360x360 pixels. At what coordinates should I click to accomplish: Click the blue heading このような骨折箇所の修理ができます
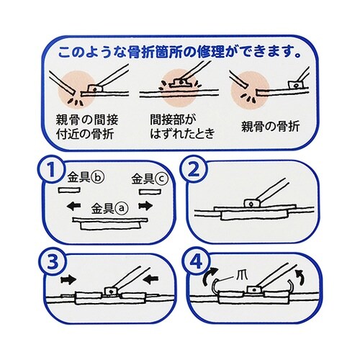(x=179, y=53)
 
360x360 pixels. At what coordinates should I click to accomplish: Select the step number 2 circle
(x=194, y=170)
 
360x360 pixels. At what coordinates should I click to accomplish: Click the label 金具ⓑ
(x=86, y=178)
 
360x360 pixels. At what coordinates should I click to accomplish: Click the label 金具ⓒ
(x=150, y=179)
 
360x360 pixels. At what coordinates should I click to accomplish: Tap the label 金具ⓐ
(x=110, y=209)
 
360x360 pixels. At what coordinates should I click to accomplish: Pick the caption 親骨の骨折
(x=271, y=127)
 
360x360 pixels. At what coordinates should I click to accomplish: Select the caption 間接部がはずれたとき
(x=182, y=127)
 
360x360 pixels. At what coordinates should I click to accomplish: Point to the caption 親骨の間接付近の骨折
(x=87, y=127)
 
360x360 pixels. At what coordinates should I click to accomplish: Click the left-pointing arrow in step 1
(x=73, y=206)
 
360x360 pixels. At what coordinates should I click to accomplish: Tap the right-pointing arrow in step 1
(x=145, y=206)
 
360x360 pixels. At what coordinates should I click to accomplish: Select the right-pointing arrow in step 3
(x=68, y=280)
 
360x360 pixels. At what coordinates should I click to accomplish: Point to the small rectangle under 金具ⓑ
(x=69, y=190)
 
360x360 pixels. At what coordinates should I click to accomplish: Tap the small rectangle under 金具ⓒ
(x=150, y=192)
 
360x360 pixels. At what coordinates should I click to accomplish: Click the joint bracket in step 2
(x=252, y=204)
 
